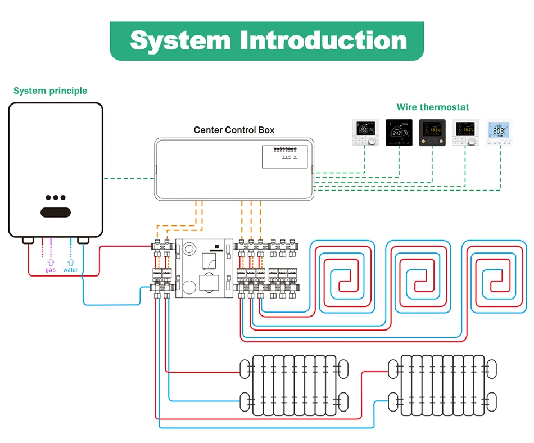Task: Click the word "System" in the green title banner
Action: [180, 41]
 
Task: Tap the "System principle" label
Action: [51, 91]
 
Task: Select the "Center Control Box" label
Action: [234, 130]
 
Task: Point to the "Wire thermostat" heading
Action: [432, 107]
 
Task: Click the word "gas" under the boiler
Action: [51, 270]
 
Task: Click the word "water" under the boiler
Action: [71, 270]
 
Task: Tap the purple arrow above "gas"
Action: [51, 261]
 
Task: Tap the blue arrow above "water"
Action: [71, 261]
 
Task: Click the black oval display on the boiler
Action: [55, 213]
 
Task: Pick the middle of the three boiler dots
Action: [56, 198]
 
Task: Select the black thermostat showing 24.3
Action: [399, 133]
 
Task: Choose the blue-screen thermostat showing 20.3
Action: [499, 133]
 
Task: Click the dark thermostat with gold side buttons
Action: [432, 133]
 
